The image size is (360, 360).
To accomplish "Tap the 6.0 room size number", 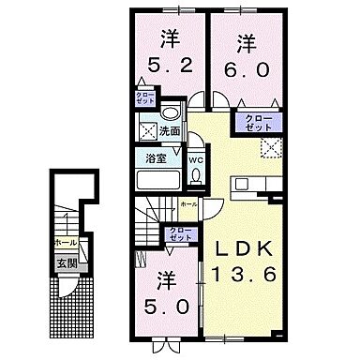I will [x=245, y=70].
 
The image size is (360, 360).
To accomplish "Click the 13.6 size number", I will [x=248, y=280].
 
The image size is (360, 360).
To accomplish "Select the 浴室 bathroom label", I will [x=157, y=159].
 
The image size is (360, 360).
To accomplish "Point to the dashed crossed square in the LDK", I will [x=272, y=146].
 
